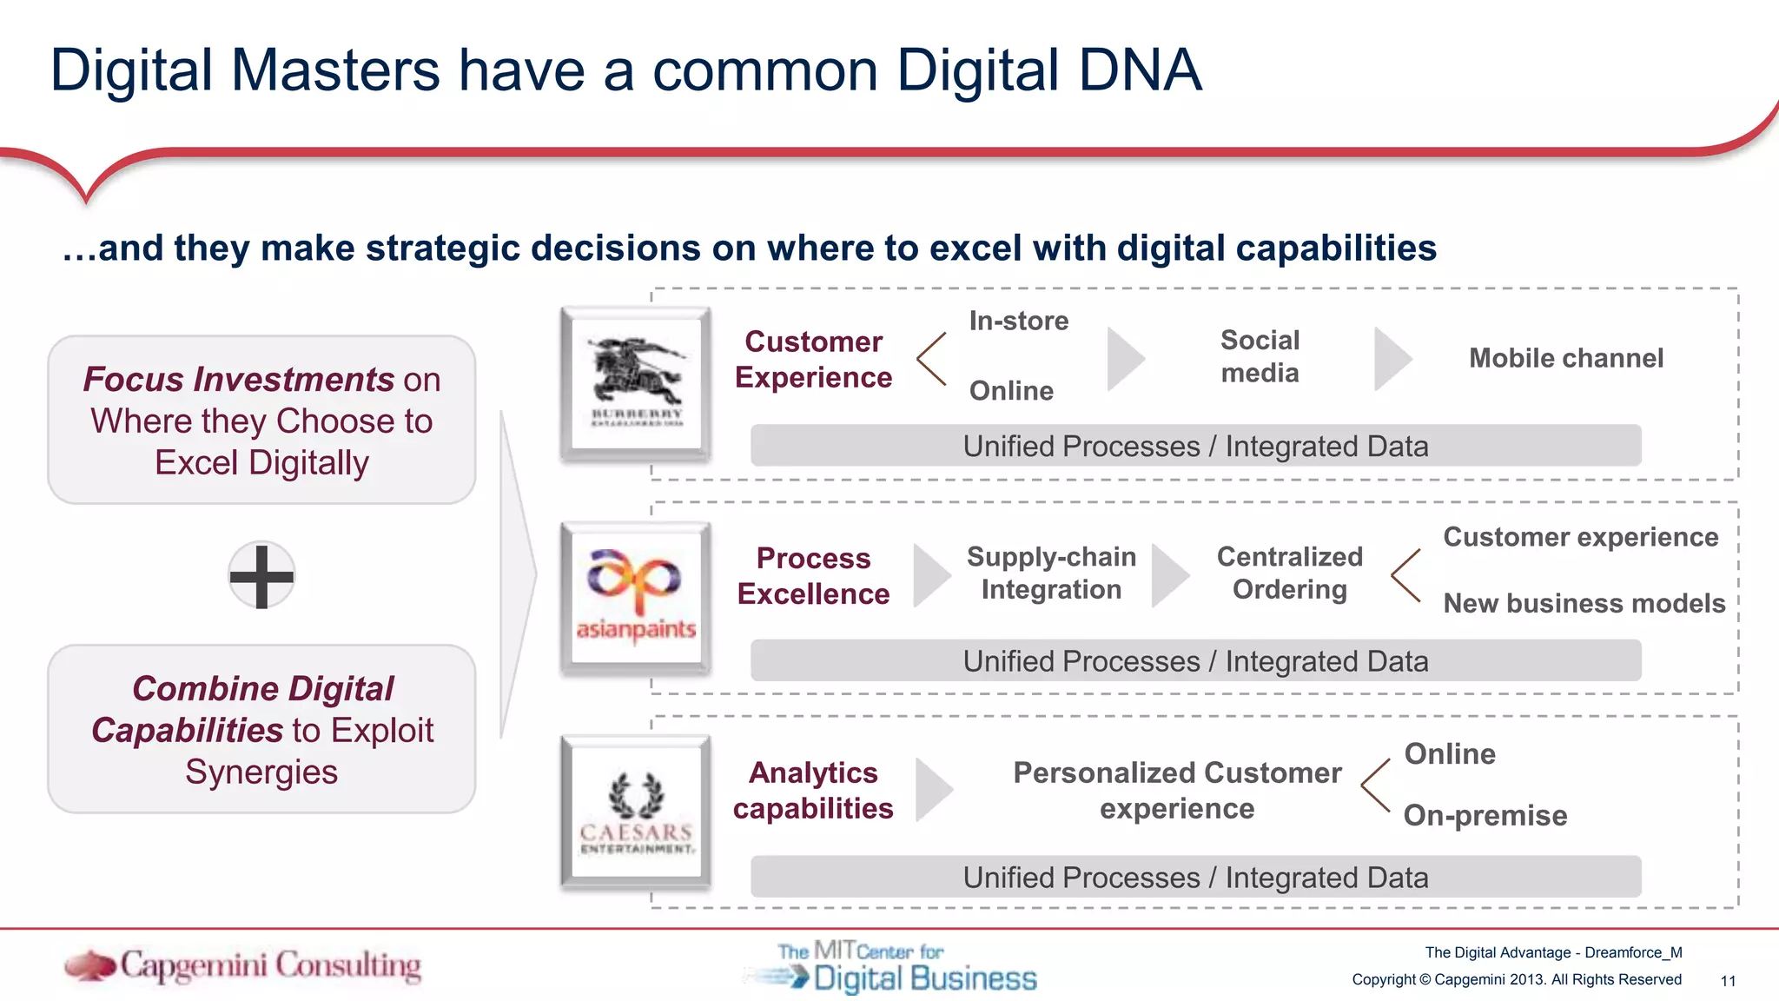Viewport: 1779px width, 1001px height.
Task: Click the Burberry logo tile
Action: [636, 383]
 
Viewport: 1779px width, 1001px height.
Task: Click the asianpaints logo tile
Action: [636, 599]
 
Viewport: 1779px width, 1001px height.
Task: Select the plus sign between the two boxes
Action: [261, 575]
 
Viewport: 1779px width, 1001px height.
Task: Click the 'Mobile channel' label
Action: [1565, 358]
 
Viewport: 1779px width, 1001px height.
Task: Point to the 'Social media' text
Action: [1260, 356]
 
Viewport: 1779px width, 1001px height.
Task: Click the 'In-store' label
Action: [1018, 321]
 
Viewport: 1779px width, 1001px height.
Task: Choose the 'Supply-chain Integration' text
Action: [1051, 573]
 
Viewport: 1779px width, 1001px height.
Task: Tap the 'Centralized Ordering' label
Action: [1289, 573]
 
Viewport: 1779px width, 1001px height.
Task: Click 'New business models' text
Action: [1584, 603]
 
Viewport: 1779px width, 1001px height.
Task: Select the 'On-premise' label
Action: [1485, 815]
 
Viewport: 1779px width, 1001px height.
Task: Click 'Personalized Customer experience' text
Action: [1177, 790]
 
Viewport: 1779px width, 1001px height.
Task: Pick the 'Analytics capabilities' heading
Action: [813, 790]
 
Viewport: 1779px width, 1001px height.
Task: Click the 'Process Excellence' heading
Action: [813, 575]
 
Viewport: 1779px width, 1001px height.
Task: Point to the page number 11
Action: [1727, 981]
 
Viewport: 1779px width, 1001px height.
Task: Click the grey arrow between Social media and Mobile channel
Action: [1391, 359]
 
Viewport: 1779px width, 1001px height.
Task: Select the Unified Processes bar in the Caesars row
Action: [1195, 877]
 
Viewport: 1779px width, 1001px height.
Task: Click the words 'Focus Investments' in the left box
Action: [239, 380]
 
